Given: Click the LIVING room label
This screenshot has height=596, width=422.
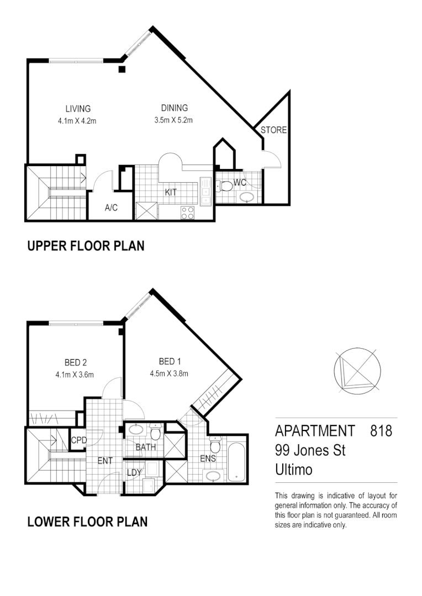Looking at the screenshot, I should tap(78, 109).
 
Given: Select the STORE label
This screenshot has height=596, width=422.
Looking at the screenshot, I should tap(273, 130).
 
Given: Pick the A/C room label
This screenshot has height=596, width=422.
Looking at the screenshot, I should tap(110, 208).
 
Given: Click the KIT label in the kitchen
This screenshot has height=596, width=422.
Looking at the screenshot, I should tap(171, 193).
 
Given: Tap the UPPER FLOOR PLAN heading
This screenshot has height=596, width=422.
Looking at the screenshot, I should tap(86, 246).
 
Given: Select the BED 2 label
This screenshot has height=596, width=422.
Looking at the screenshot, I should tap(76, 363).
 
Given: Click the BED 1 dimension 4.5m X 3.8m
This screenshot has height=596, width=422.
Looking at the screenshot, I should tap(170, 374).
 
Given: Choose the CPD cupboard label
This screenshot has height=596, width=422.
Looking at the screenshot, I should tap(78, 440).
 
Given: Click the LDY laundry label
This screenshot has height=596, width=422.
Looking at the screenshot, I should tap(134, 472).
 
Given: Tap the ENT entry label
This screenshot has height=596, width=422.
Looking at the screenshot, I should tap(105, 460).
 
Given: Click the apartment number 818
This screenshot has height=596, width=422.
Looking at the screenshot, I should tap(381, 430).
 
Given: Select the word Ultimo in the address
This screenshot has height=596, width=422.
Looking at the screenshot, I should tap(293, 470).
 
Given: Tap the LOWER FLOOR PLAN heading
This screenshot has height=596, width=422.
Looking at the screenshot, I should tap(87, 521).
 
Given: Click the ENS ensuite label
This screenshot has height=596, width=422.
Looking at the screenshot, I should tap(208, 458).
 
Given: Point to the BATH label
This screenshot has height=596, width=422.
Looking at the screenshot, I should tap(146, 447).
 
